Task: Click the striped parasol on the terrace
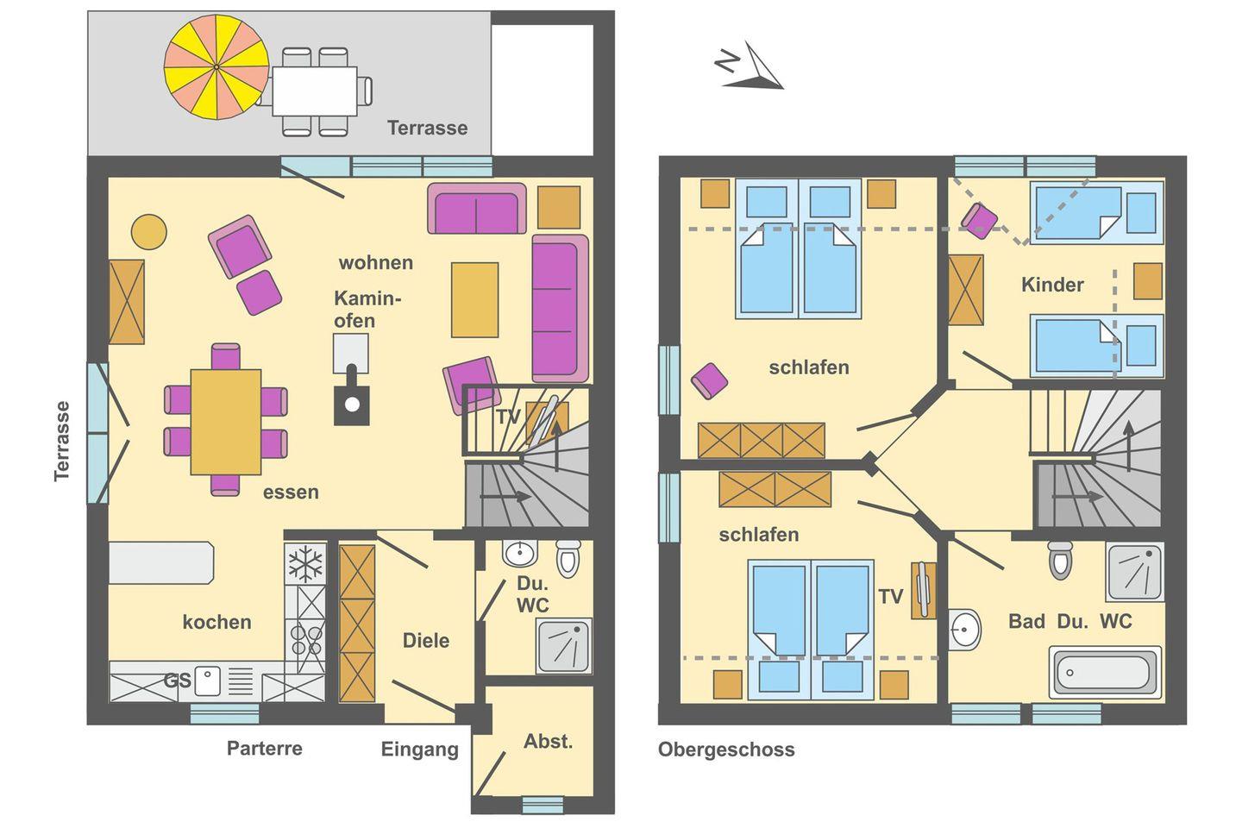[216, 67]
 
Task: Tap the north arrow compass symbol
[750, 66]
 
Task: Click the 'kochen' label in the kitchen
[216, 622]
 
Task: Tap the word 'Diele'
[426, 641]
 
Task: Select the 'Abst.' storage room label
[548, 742]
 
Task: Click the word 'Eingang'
[420, 750]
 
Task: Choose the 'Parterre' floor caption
[265, 748]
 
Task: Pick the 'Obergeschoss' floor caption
[726, 750]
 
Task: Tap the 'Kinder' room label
[1052, 285]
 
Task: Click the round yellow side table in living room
[148, 232]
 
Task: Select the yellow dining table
[226, 422]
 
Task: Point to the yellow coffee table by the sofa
[474, 300]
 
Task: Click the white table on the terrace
[314, 91]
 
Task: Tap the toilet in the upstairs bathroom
[1060, 560]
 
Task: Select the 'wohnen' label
[376, 262]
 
